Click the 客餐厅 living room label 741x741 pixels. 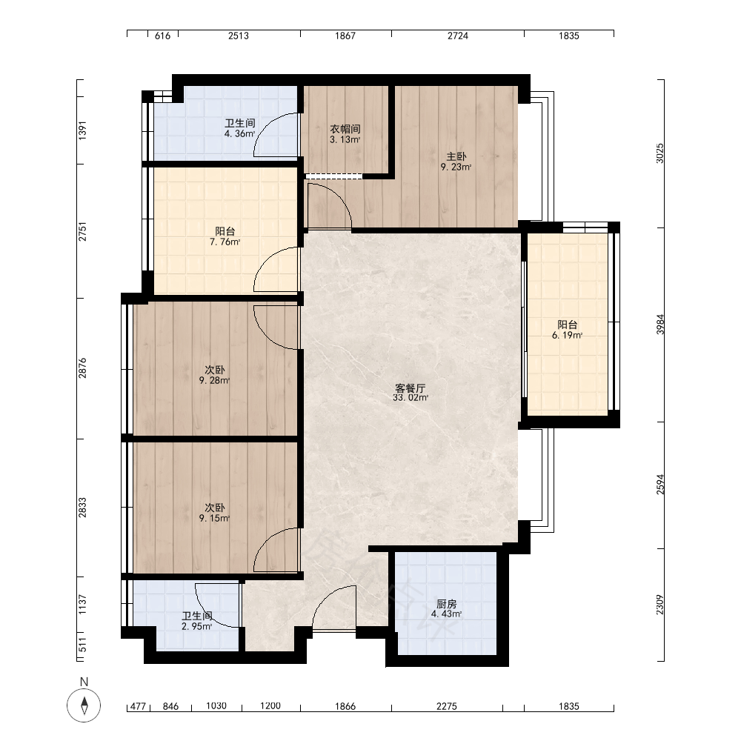pos(411,388)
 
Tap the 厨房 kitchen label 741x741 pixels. pos(447,604)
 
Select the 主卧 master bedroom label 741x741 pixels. pos(456,156)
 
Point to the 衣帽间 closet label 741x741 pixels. pos(345,129)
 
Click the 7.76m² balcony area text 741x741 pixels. pos(225,242)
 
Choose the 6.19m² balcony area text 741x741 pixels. pos(567,336)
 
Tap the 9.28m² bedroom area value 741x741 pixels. pos(215,380)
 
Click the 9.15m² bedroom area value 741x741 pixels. pos(215,519)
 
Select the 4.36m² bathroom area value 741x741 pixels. pos(239,133)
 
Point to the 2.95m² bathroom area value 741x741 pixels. pos(196,627)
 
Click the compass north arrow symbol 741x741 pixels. pos(84,705)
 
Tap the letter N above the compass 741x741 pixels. pos(84,682)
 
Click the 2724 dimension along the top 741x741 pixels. pos(458,36)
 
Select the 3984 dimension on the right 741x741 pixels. pos(660,325)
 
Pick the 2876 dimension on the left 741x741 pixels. pos(83,368)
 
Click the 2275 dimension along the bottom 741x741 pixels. pos(447,706)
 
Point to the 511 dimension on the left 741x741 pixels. pos(83,645)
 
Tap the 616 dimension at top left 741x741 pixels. pos(162,36)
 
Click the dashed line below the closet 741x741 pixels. pos(333,176)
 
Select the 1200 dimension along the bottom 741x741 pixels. pos(270,706)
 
